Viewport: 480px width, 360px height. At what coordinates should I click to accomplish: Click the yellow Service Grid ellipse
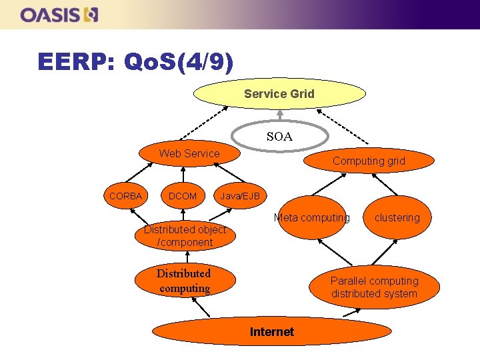coord(279,94)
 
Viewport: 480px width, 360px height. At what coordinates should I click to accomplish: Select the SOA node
coord(279,137)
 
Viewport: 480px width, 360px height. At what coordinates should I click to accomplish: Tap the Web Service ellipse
coord(189,154)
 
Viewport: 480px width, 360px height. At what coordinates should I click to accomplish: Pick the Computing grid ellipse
coord(369,161)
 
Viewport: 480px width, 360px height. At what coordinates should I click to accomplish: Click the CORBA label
coord(125,196)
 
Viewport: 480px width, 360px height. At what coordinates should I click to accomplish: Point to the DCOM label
coord(183,196)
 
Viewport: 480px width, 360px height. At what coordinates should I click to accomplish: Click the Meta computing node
coord(311,217)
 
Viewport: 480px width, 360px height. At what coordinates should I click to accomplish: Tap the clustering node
coord(397,217)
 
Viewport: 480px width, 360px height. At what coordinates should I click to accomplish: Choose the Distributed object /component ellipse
coord(185,236)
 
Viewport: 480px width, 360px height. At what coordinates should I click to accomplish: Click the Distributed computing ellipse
coord(183,281)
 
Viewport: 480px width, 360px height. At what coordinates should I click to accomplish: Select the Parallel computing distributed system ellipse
coord(374,287)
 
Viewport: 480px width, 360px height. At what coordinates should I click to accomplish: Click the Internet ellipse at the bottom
coord(271,331)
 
